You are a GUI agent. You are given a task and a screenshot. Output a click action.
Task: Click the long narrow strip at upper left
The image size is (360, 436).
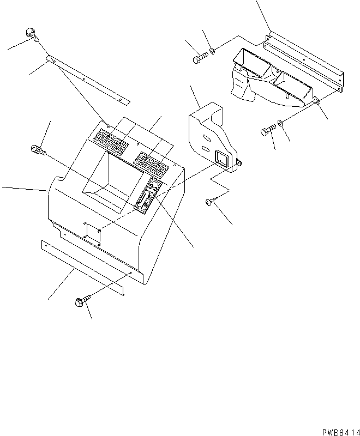[x=87, y=78]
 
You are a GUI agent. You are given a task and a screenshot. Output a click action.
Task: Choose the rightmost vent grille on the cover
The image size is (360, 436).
[x=159, y=168]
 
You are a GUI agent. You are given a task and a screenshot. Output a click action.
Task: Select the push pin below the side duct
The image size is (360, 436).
[x=209, y=203]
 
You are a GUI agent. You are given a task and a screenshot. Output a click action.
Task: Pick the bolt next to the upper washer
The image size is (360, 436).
[x=199, y=57]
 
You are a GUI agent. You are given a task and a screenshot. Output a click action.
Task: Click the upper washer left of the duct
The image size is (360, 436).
[x=213, y=51]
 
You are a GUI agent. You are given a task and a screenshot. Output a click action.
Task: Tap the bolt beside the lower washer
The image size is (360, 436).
[x=267, y=131]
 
